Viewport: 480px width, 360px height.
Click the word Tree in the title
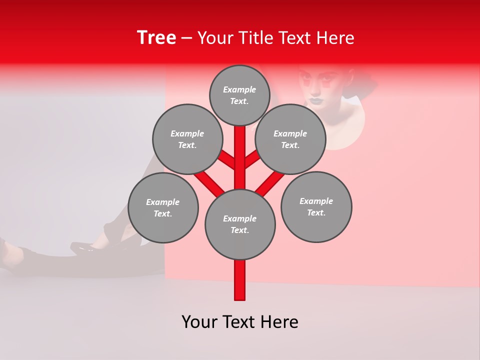click(x=156, y=37)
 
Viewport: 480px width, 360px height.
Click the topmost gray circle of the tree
click(x=239, y=95)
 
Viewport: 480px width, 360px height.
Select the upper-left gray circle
click(x=187, y=139)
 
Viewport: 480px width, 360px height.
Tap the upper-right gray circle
click(x=290, y=139)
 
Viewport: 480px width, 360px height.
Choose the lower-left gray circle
click(x=162, y=207)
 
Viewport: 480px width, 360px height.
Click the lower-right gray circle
click(x=316, y=206)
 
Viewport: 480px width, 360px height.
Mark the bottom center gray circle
click(x=239, y=224)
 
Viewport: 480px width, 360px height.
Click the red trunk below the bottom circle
click(x=239, y=280)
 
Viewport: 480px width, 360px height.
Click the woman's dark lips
click(x=316, y=99)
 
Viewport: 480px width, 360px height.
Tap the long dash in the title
click(x=186, y=38)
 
